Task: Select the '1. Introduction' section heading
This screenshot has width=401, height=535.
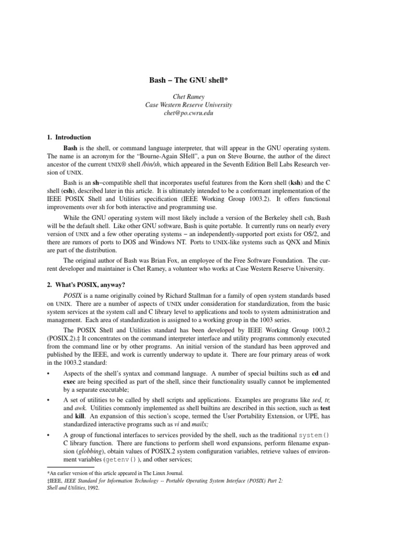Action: point(69,137)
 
